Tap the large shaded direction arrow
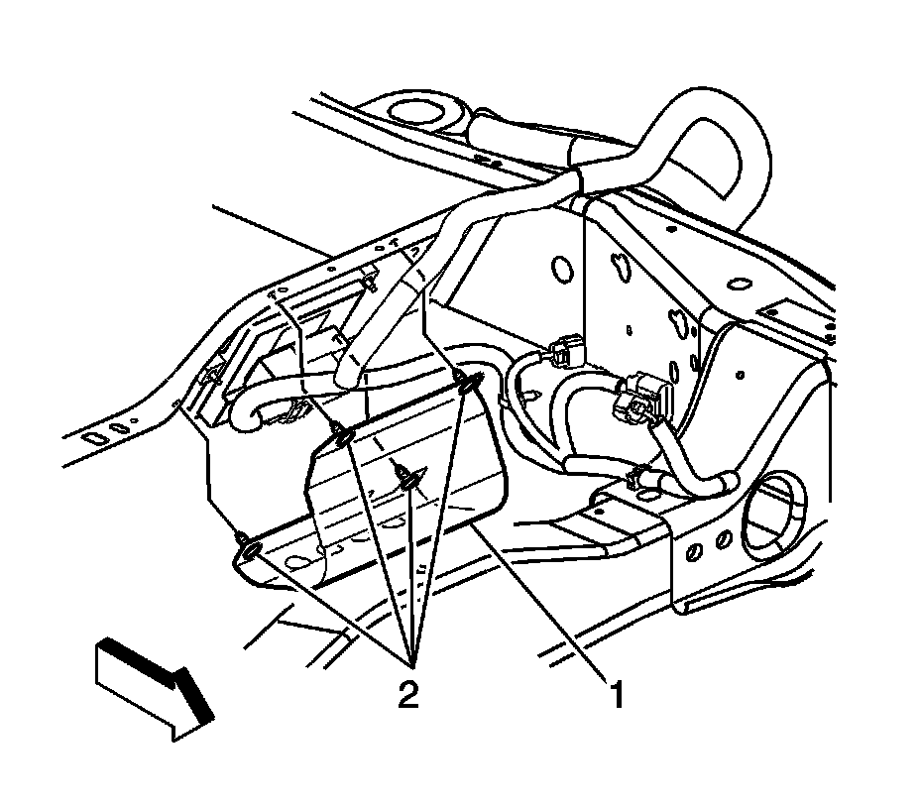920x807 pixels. pos(155,685)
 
